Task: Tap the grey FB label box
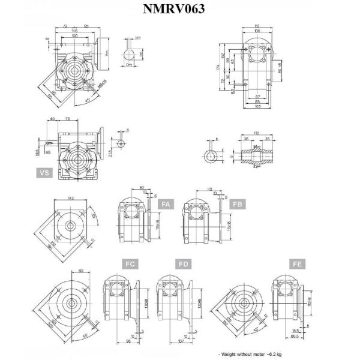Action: (x=238, y=205)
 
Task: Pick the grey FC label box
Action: (x=130, y=264)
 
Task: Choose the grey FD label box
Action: (x=184, y=264)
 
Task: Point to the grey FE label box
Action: (x=296, y=264)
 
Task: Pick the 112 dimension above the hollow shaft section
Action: (x=256, y=133)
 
